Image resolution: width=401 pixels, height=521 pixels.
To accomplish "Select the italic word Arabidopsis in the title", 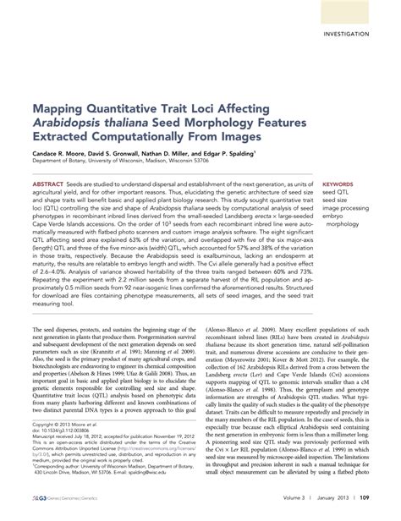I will pos(70,125).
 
